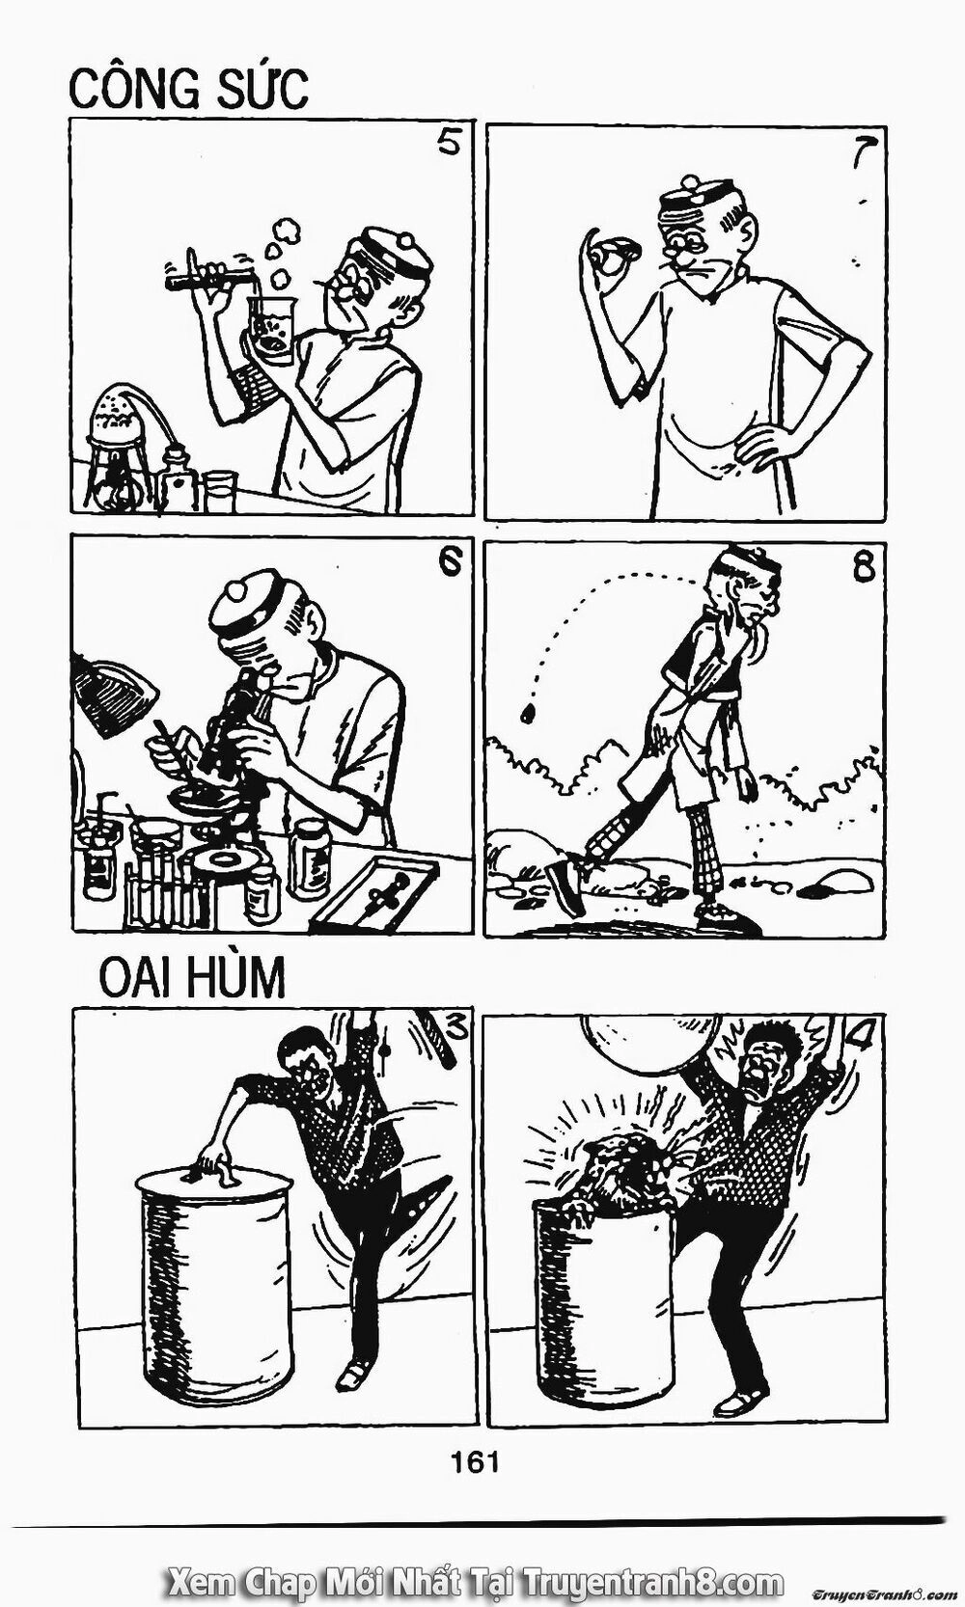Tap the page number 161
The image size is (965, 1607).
475,1440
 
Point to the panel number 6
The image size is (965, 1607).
449,563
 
